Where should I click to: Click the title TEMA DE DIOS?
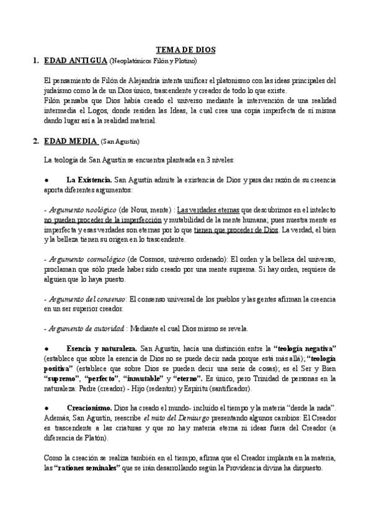coord(185,51)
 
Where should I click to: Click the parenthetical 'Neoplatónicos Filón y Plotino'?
coord(153,61)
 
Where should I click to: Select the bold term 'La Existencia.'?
coord(89,180)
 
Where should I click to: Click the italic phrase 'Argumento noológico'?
coord(76,210)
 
